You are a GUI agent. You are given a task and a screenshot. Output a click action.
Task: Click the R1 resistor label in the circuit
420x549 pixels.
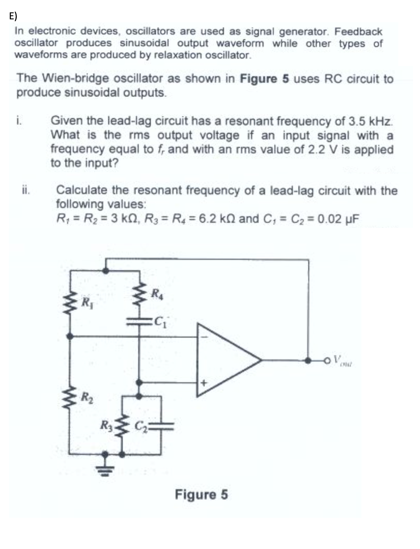click(87, 301)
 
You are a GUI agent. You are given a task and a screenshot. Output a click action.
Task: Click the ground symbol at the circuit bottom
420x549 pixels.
click(105, 467)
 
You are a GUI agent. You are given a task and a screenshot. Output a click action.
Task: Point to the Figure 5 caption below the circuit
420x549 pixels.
click(201, 494)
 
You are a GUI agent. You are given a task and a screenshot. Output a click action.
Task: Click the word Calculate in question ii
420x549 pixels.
click(79, 190)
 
